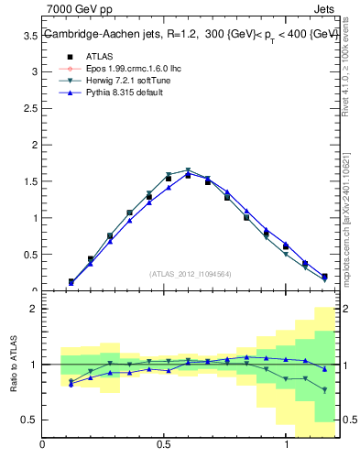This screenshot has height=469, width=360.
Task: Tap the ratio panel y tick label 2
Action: click(x=34, y=309)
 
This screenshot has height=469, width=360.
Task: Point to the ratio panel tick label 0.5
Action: click(x=30, y=420)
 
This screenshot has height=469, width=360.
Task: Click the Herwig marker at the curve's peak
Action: click(x=188, y=170)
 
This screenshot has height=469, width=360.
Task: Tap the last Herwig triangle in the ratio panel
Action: click(x=324, y=389)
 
